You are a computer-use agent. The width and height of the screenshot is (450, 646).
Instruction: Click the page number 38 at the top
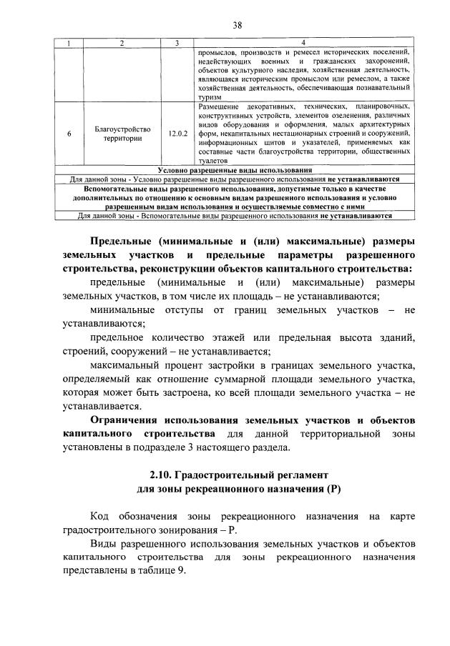click(237, 25)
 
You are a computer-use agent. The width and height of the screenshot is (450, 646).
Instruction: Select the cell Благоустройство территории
click(122, 134)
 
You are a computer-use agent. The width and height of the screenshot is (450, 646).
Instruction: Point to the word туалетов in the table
click(211, 161)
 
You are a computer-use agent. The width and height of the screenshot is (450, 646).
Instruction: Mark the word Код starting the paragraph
click(100, 515)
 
